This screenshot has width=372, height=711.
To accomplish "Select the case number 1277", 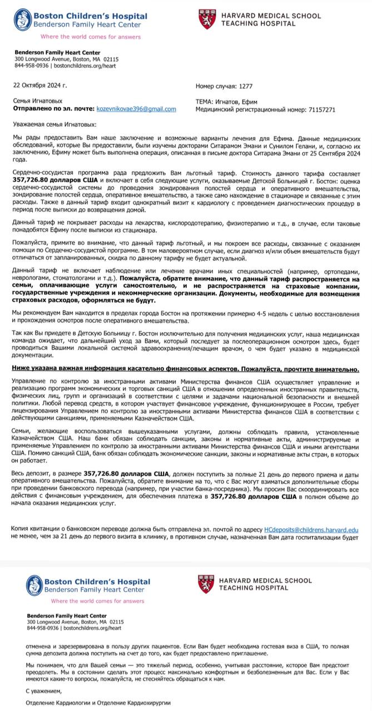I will (x=245, y=87).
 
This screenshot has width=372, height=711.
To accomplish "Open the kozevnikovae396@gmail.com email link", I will (x=136, y=109).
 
